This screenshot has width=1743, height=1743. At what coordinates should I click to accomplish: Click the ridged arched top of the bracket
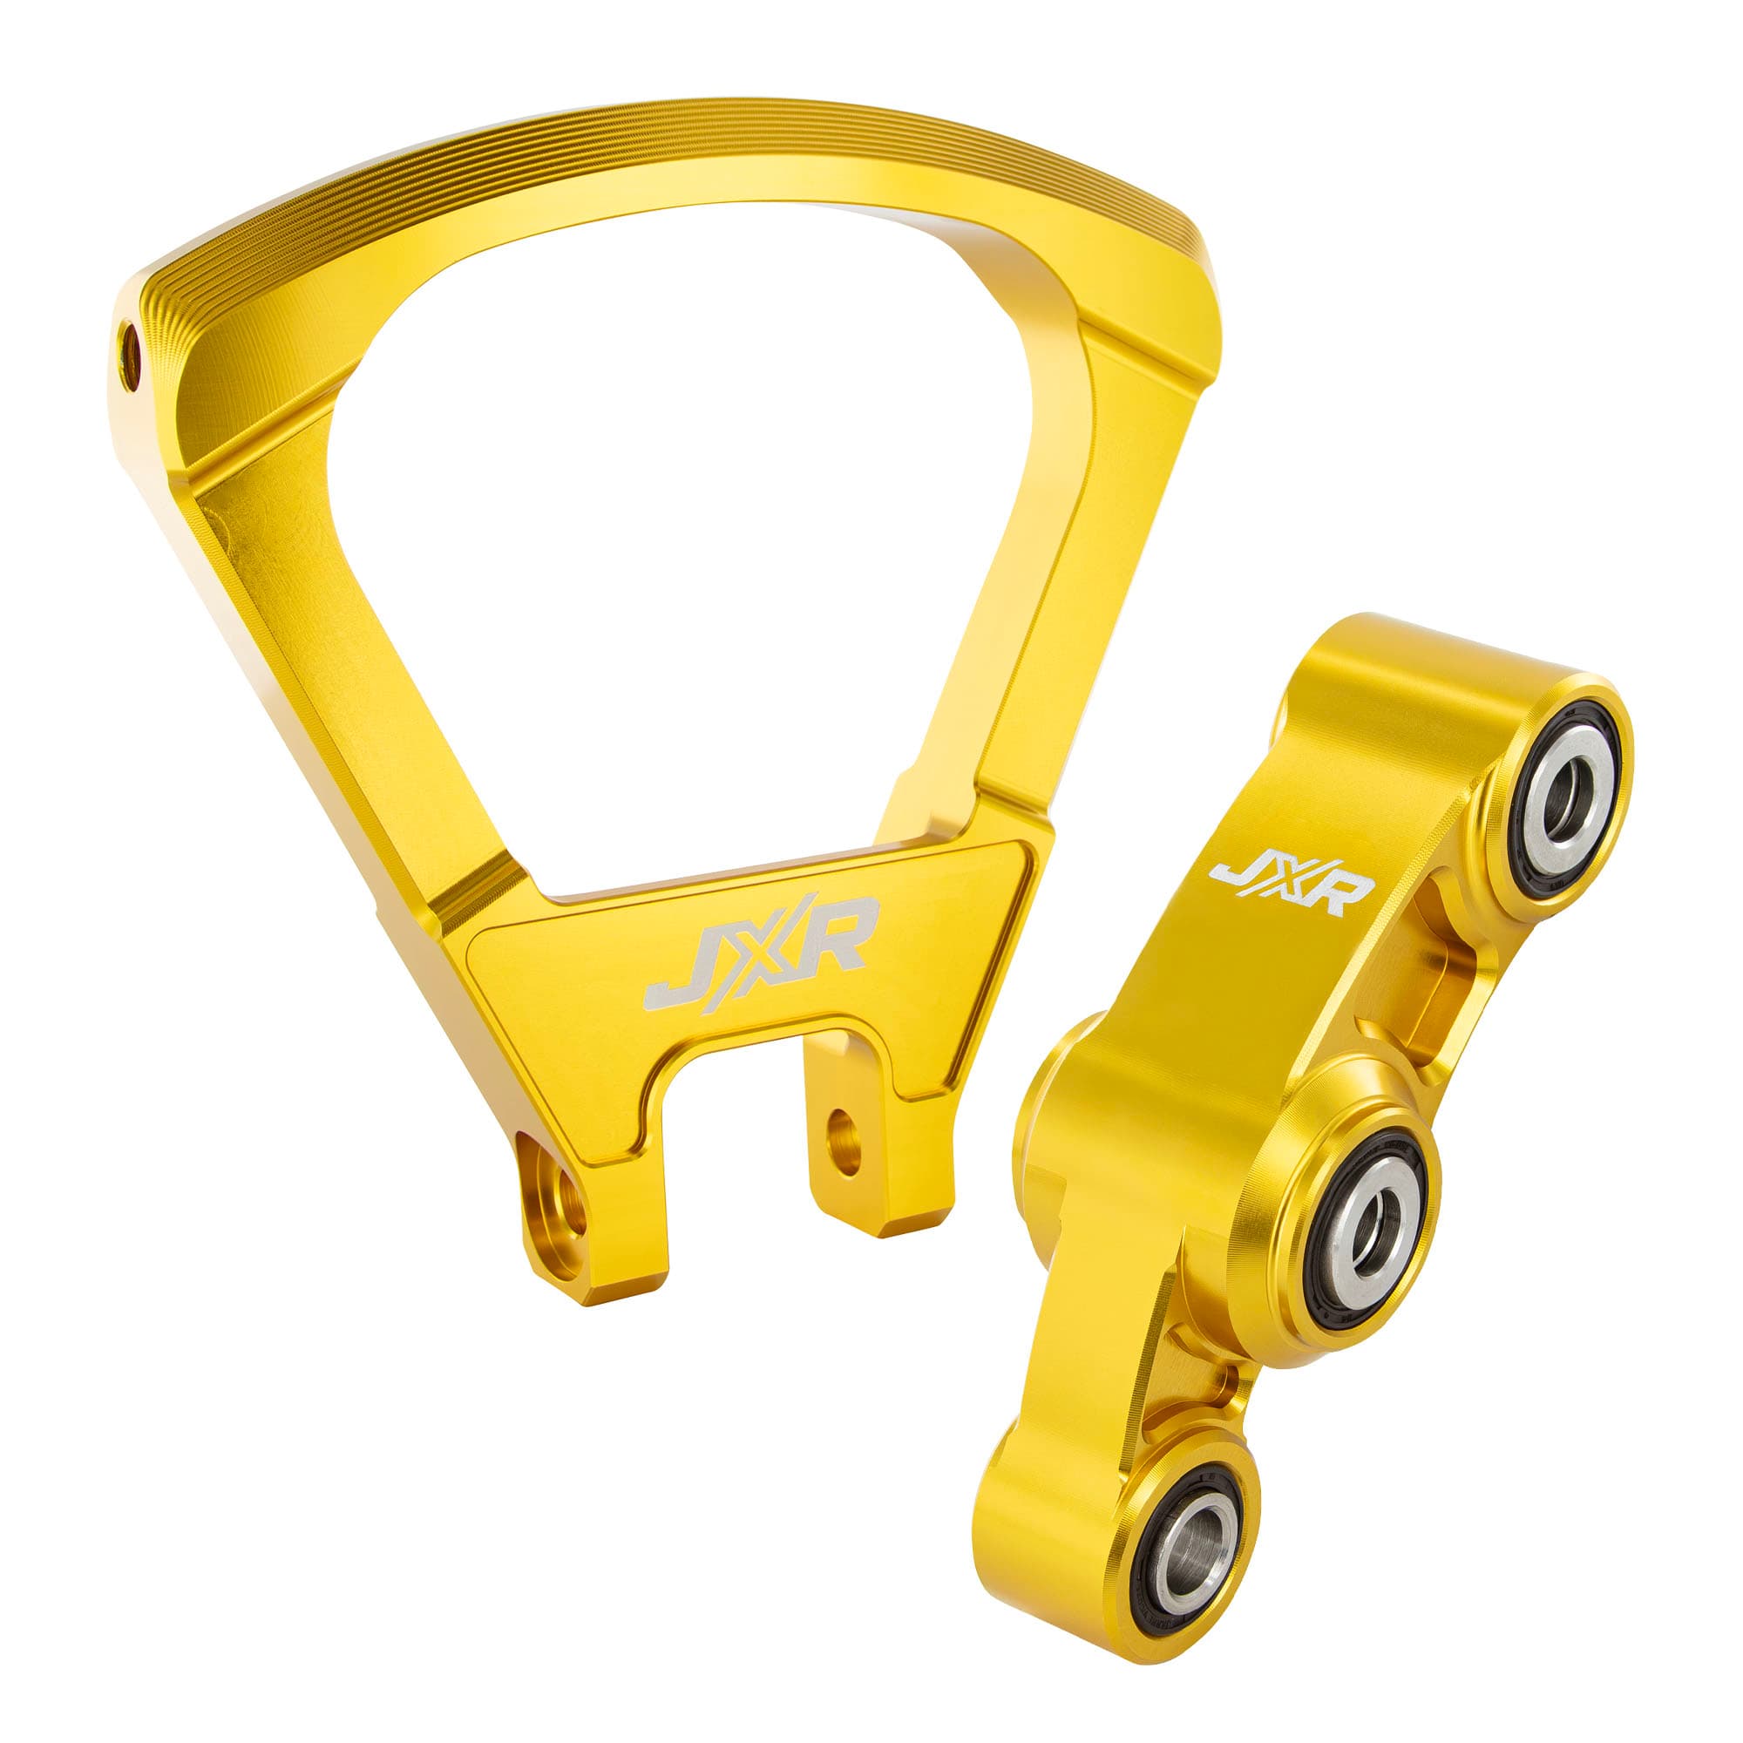click(x=668, y=145)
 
